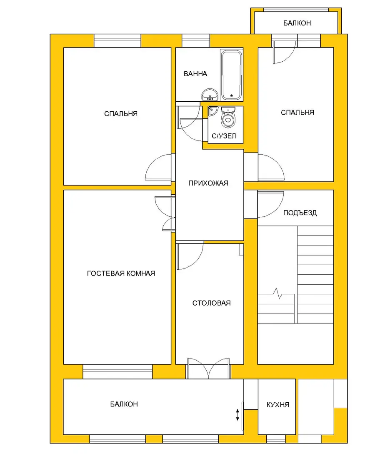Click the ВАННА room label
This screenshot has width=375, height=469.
[195, 74]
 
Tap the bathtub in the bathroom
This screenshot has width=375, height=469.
[231, 75]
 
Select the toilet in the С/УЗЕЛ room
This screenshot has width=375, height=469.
[228, 117]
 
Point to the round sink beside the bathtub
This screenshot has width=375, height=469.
[210, 95]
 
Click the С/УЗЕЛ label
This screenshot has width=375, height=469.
[224, 136]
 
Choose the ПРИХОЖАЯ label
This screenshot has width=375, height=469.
[208, 183]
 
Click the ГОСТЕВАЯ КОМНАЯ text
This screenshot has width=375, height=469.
[121, 273]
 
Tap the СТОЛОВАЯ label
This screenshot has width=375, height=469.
[211, 303]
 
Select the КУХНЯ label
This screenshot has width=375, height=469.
[278, 405]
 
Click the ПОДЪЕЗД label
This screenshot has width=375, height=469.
[300, 213]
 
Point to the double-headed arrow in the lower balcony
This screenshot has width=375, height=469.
[237, 415]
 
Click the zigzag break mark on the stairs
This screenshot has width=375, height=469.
[277, 293]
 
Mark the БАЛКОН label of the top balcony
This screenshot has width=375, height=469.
[297, 23]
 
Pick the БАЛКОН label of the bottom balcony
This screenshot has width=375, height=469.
[124, 404]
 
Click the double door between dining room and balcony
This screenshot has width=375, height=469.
[208, 369]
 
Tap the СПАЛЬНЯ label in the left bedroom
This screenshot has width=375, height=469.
[121, 114]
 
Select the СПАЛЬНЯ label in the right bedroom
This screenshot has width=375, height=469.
[297, 113]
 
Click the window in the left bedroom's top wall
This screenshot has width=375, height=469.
[117, 41]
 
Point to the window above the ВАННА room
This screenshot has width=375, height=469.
[196, 41]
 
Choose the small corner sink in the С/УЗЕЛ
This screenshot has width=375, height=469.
[212, 110]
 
